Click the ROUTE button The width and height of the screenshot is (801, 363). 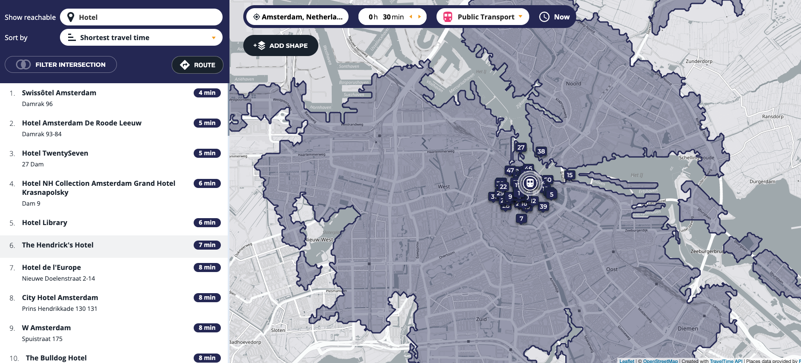198,65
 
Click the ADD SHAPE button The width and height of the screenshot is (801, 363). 281,46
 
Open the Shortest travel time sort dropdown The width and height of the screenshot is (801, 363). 141,38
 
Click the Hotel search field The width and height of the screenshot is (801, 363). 141,17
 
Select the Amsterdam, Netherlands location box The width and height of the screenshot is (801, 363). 298,17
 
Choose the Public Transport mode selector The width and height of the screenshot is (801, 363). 483,17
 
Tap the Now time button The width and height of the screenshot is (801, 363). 555,17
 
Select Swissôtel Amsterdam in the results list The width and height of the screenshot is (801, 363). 59,93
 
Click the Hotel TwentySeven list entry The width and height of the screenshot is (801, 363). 55,153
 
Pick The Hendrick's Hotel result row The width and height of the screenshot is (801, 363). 58,245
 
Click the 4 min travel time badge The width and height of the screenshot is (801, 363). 207,93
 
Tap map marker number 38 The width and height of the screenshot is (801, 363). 541,151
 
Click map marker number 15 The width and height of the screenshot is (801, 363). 570,175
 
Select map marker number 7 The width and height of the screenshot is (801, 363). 521,219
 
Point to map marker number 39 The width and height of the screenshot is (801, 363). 543,207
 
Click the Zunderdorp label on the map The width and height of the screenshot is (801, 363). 699,61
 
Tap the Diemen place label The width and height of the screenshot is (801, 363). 688,329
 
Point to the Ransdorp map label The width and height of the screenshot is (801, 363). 773,116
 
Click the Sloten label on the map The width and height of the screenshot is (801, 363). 278,330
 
